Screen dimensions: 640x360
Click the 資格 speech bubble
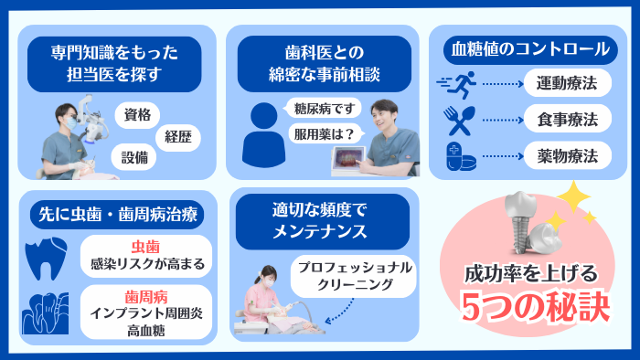[137, 115]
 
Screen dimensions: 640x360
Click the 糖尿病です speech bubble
[322, 110]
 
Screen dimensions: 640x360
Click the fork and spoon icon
[456, 119]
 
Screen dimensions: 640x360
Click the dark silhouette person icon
[265, 131]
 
